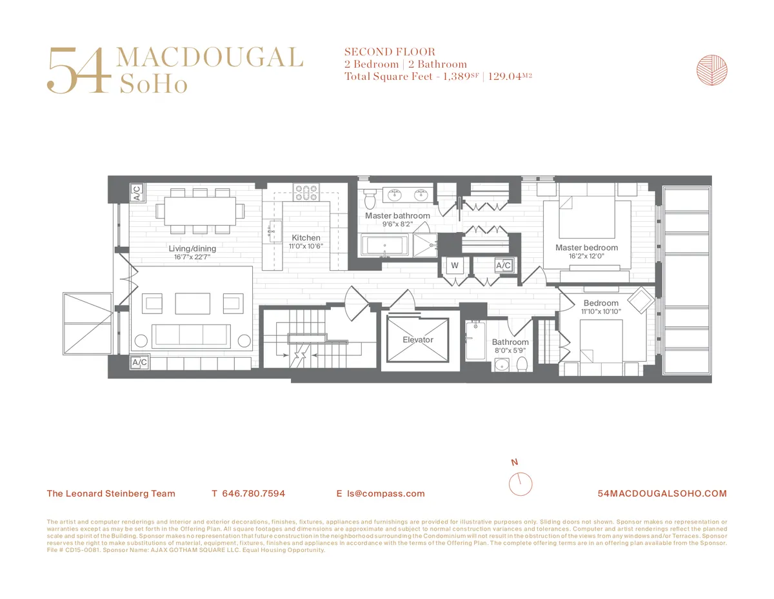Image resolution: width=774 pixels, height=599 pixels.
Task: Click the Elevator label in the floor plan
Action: (417, 340)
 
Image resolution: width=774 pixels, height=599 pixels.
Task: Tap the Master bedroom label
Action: (586, 248)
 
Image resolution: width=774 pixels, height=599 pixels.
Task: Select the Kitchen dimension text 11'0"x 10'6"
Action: (306, 246)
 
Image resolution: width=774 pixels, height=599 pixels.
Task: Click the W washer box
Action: (454, 265)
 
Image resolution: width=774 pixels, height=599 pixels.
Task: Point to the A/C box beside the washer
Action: (503, 265)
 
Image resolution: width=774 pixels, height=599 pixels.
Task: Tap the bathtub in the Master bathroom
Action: (385, 246)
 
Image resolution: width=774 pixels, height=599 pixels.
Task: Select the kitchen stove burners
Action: (306, 192)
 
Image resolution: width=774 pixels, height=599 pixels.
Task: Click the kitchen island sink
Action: (272, 229)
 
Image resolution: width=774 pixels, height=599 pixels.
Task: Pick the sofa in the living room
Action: (190, 334)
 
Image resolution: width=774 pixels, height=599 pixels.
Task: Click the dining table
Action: (200, 210)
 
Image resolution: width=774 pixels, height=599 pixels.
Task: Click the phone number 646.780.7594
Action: (253, 494)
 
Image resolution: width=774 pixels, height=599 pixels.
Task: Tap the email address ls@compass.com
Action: (386, 494)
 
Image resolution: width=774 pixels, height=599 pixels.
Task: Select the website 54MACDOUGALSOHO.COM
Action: (662, 494)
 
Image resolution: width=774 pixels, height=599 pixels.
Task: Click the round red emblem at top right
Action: (711, 70)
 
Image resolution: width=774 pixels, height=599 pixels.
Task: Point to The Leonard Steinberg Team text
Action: (111, 494)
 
